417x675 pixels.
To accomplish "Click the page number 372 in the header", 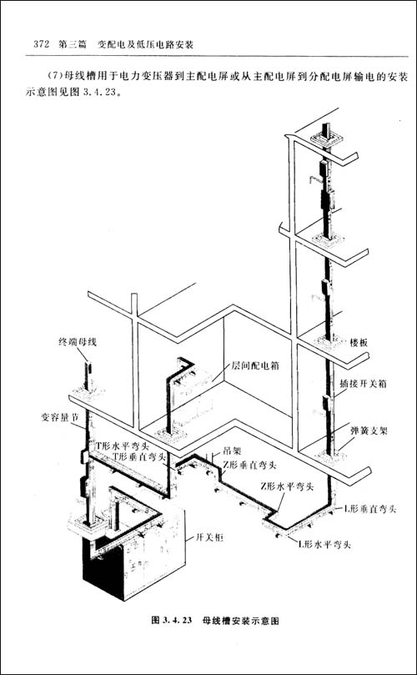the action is [38, 44].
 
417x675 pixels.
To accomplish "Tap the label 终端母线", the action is [78, 342].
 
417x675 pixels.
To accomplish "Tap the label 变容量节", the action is [60, 417].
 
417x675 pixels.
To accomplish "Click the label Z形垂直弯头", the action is [249, 465].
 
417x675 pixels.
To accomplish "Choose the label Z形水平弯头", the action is [286, 487].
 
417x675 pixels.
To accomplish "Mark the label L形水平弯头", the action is [324, 544].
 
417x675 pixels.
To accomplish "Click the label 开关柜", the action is [209, 536].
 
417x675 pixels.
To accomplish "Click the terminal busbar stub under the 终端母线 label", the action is [88, 375].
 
